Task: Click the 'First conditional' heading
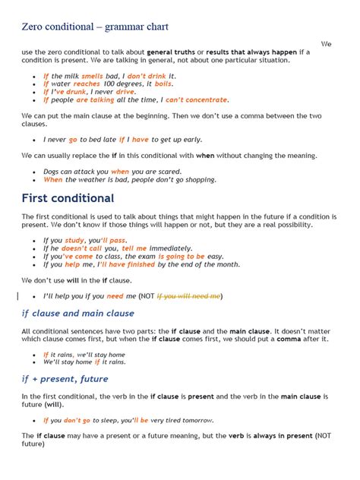[x=68, y=198]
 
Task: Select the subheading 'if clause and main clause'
[x=77, y=313]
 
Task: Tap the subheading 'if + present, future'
[x=65, y=378]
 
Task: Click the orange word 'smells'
[x=93, y=76]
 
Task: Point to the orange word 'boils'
[x=164, y=84]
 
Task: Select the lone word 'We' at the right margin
[x=327, y=44]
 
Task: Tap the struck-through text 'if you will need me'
[x=188, y=295]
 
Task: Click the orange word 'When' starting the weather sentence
[x=53, y=180]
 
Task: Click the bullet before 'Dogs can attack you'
[x=35, y=172]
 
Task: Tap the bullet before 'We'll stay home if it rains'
[x=35, y=362]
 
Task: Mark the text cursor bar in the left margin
[x=17, y=295]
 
